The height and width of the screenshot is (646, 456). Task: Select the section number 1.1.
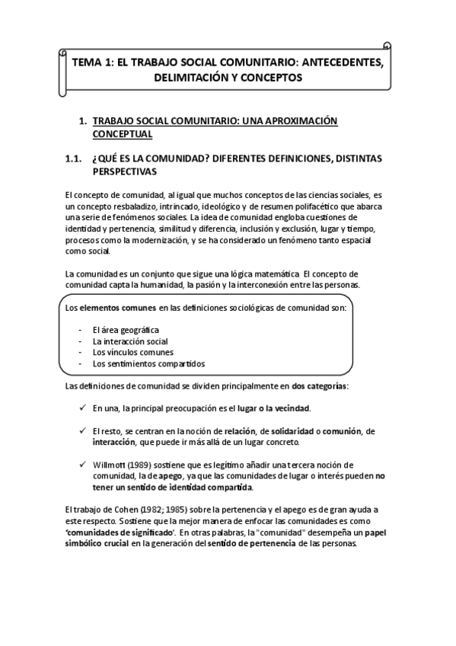(72, 158)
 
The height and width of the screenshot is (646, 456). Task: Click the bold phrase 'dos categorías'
(319, 386)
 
